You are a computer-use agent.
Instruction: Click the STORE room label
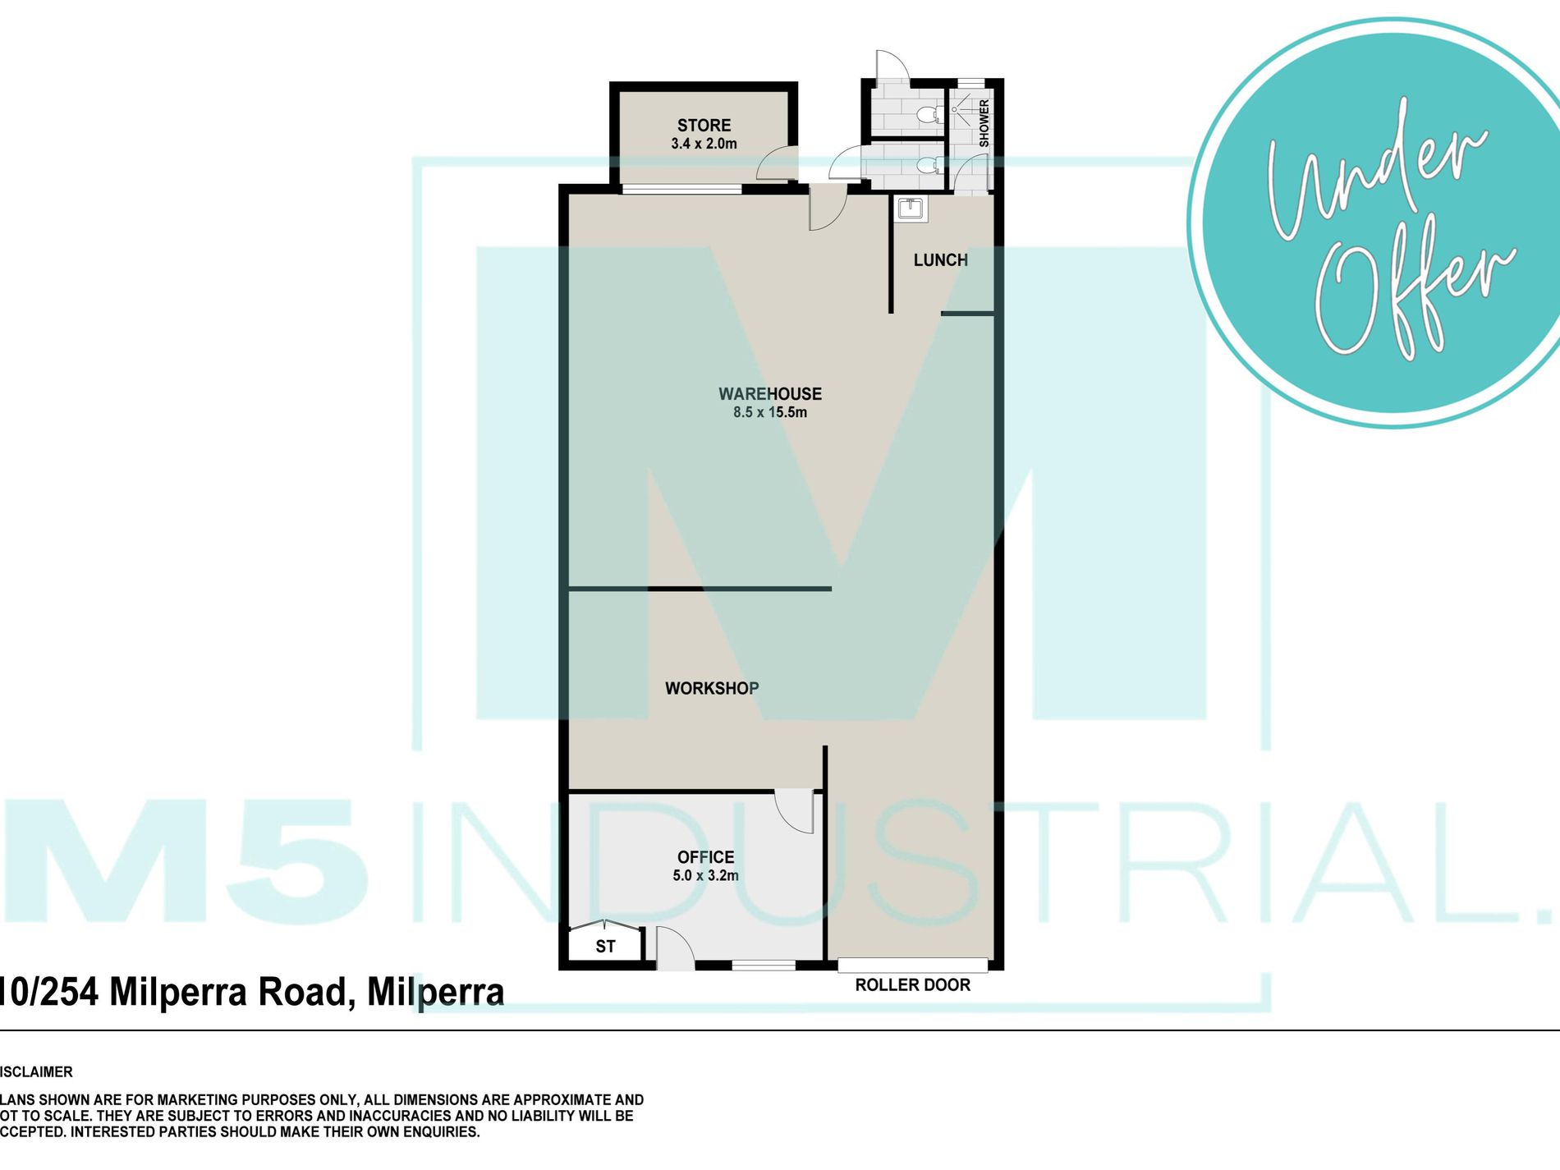coord(704,126)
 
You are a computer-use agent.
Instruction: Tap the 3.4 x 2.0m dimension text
coord(704,144)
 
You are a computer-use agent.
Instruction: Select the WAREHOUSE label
coord(770,394)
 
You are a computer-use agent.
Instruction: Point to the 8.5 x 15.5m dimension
coord(770,412)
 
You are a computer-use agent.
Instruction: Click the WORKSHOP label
coord(712,688)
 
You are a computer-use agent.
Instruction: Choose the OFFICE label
coord(705,857)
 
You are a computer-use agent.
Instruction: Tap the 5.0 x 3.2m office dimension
coord(705,875)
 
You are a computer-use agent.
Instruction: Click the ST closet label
coord(605,947)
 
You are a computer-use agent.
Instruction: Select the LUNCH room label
coord(941,260)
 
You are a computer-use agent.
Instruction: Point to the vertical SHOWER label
coord(984,123)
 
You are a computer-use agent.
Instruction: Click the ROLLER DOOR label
coord(912,985)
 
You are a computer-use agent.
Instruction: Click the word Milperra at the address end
coord(435,992)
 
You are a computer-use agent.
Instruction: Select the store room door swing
coord(777,163)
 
